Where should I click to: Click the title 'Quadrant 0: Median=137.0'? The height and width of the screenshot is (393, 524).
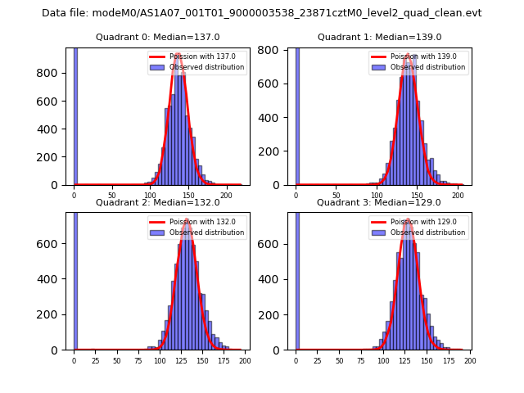pyautogui.click(x=157, y=37)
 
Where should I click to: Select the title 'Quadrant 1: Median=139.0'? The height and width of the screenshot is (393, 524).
pyautogui.click(x=379, y=37)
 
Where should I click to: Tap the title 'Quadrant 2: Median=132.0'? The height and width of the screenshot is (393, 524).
pyautogui.click(x=157, y=202)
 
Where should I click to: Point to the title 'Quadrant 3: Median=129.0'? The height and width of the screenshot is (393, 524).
pyautogui.click(x=379, y=202)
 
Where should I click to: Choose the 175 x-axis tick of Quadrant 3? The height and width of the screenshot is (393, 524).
pyautogui.click(x=448, y=360)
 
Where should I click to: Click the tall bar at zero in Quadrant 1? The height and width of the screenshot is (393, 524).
pyautogui.click(x=297, y=115)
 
